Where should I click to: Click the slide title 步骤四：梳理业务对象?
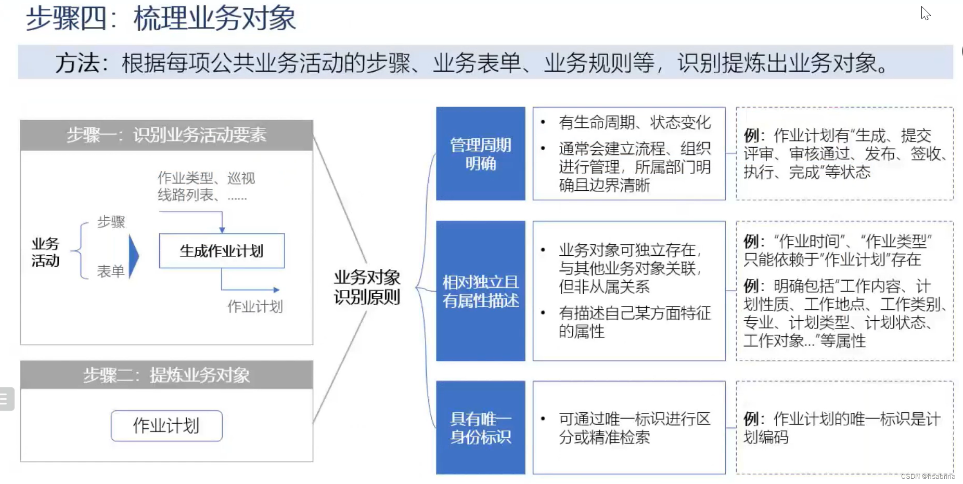coord(161,18)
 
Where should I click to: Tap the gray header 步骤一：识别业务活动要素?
coord(166,135)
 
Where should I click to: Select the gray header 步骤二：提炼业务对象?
coord(166,375)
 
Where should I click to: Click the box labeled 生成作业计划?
coord(222,251)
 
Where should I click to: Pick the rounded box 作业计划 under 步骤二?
coord(166,426)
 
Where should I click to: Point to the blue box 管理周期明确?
coord(480,154)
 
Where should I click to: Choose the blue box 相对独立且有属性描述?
coord(480,291)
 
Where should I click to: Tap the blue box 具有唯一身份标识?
coord(480,428)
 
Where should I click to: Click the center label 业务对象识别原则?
coord(367,287)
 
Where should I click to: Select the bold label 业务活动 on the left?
coord(45,252)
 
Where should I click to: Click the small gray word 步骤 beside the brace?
coord(111,222)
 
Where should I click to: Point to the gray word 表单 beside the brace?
coord(111,271)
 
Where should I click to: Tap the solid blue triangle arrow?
coord(134,255)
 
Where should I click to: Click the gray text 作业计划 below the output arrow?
coord(255,307)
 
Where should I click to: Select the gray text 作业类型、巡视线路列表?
coord(206,186)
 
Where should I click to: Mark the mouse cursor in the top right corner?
coord(925,13)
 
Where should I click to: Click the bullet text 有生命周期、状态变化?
coord(634,123)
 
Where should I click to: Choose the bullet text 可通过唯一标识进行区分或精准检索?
coord(634,428)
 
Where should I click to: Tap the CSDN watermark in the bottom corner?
coord(928,476)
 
